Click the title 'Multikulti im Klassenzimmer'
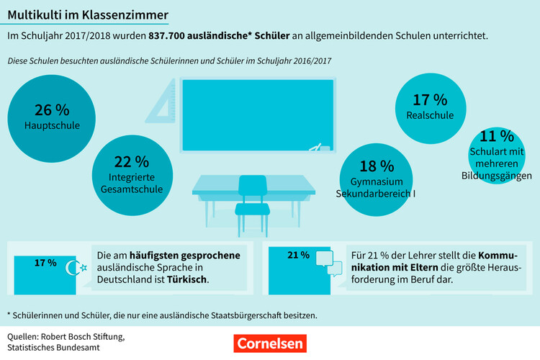click(89, 14)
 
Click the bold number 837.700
click(173, 35)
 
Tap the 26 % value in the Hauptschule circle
click(52, 110)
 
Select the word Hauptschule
click(52, 125)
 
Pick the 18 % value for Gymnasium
click(377, 167)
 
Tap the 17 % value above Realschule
click(430, 100)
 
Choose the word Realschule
click(430, 115)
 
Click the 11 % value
click(497, 136)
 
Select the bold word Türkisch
click(187, 279)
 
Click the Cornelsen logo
click(269, 343)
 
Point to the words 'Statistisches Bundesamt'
click(55, 348)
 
